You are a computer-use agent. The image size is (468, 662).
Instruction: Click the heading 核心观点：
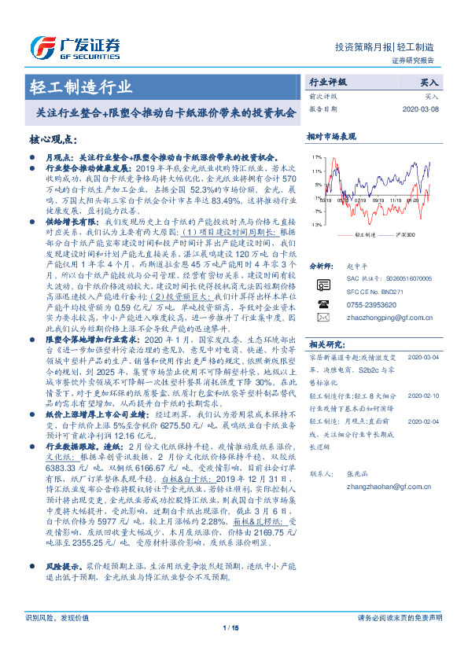[x=53, y=138]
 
